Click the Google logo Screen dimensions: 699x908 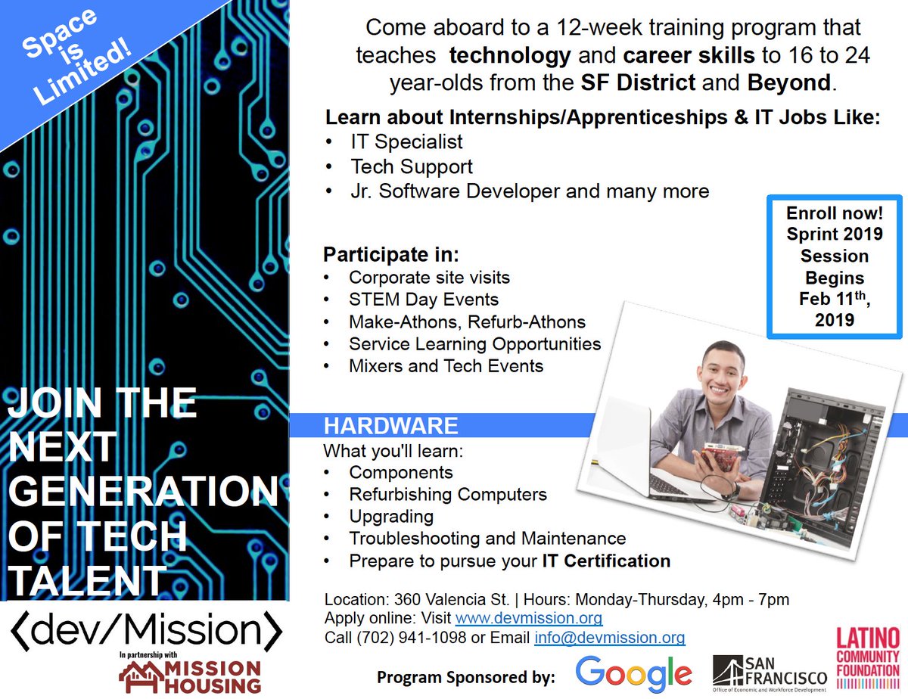tap(633, 674)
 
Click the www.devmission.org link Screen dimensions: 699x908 tap(529, 618)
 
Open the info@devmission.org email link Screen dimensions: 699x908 tap(609, 637)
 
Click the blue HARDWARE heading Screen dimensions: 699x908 tap(390, 425)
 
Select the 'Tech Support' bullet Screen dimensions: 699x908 tap(411, 166)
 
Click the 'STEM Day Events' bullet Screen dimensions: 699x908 tap(423, 299)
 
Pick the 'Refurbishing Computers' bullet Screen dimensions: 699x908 tap(447, 494)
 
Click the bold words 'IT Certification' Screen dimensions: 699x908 tap(606, 561)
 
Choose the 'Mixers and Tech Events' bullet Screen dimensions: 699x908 tap(446, 366)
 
